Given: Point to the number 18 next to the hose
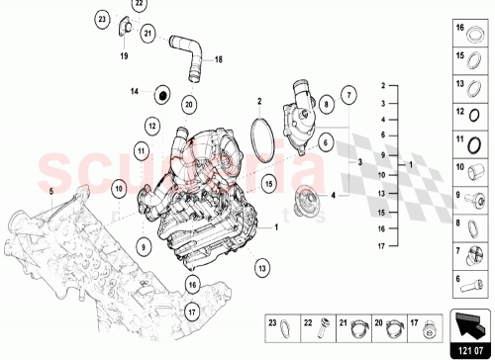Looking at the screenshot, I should pos(219,59).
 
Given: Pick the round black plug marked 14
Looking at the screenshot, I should pos(158,96).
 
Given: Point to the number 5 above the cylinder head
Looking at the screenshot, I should pos(52,187).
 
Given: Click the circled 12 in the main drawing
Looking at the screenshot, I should pos(152,126).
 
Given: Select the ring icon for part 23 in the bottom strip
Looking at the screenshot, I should pos(287,323).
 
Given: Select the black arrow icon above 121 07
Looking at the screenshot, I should pos(473,320).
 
